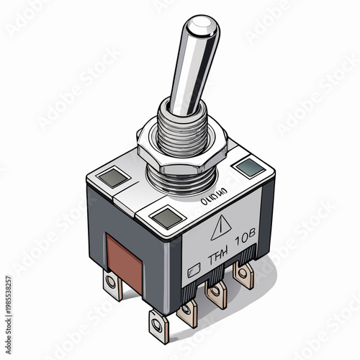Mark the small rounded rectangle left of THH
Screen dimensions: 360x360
tap(191, 274)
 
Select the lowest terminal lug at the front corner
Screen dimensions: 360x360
tap(159, 323)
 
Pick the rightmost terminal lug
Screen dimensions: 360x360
tap(245, 274)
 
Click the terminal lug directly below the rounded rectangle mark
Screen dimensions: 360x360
tap(189, 310)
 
